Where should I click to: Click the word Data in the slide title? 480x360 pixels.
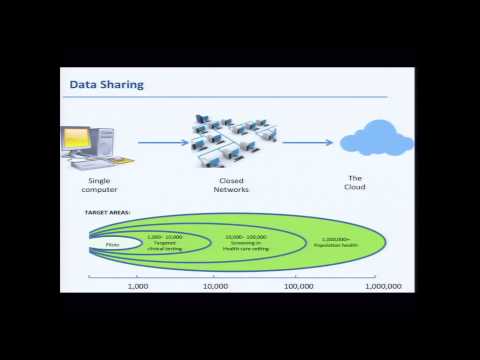tap(81, 84)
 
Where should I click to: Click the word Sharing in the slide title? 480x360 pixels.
tap(121, 84)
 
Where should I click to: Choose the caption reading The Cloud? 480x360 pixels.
tap(355, 182)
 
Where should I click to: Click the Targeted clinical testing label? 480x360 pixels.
tap(164, 243)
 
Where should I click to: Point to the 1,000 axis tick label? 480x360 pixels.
tap(138, 286)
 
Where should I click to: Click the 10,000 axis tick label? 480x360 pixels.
tap(216, 286)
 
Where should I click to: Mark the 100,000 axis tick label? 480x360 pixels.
tap(298, 286)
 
